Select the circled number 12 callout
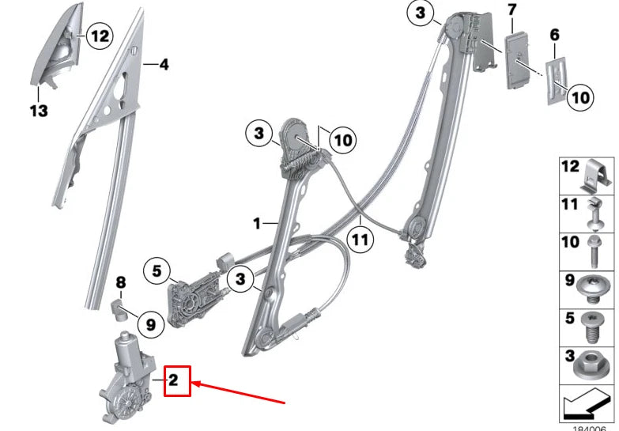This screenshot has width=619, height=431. click(99, 35)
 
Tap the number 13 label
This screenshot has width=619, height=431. click(40, 111)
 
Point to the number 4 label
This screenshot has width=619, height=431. click(164, 65)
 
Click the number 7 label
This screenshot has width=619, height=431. click(511, 10)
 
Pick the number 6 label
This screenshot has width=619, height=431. click(554, 35)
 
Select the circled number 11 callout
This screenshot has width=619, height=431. click(360, 238)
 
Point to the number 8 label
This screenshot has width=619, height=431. click(121, 282)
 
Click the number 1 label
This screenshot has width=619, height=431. click(257, 224)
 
